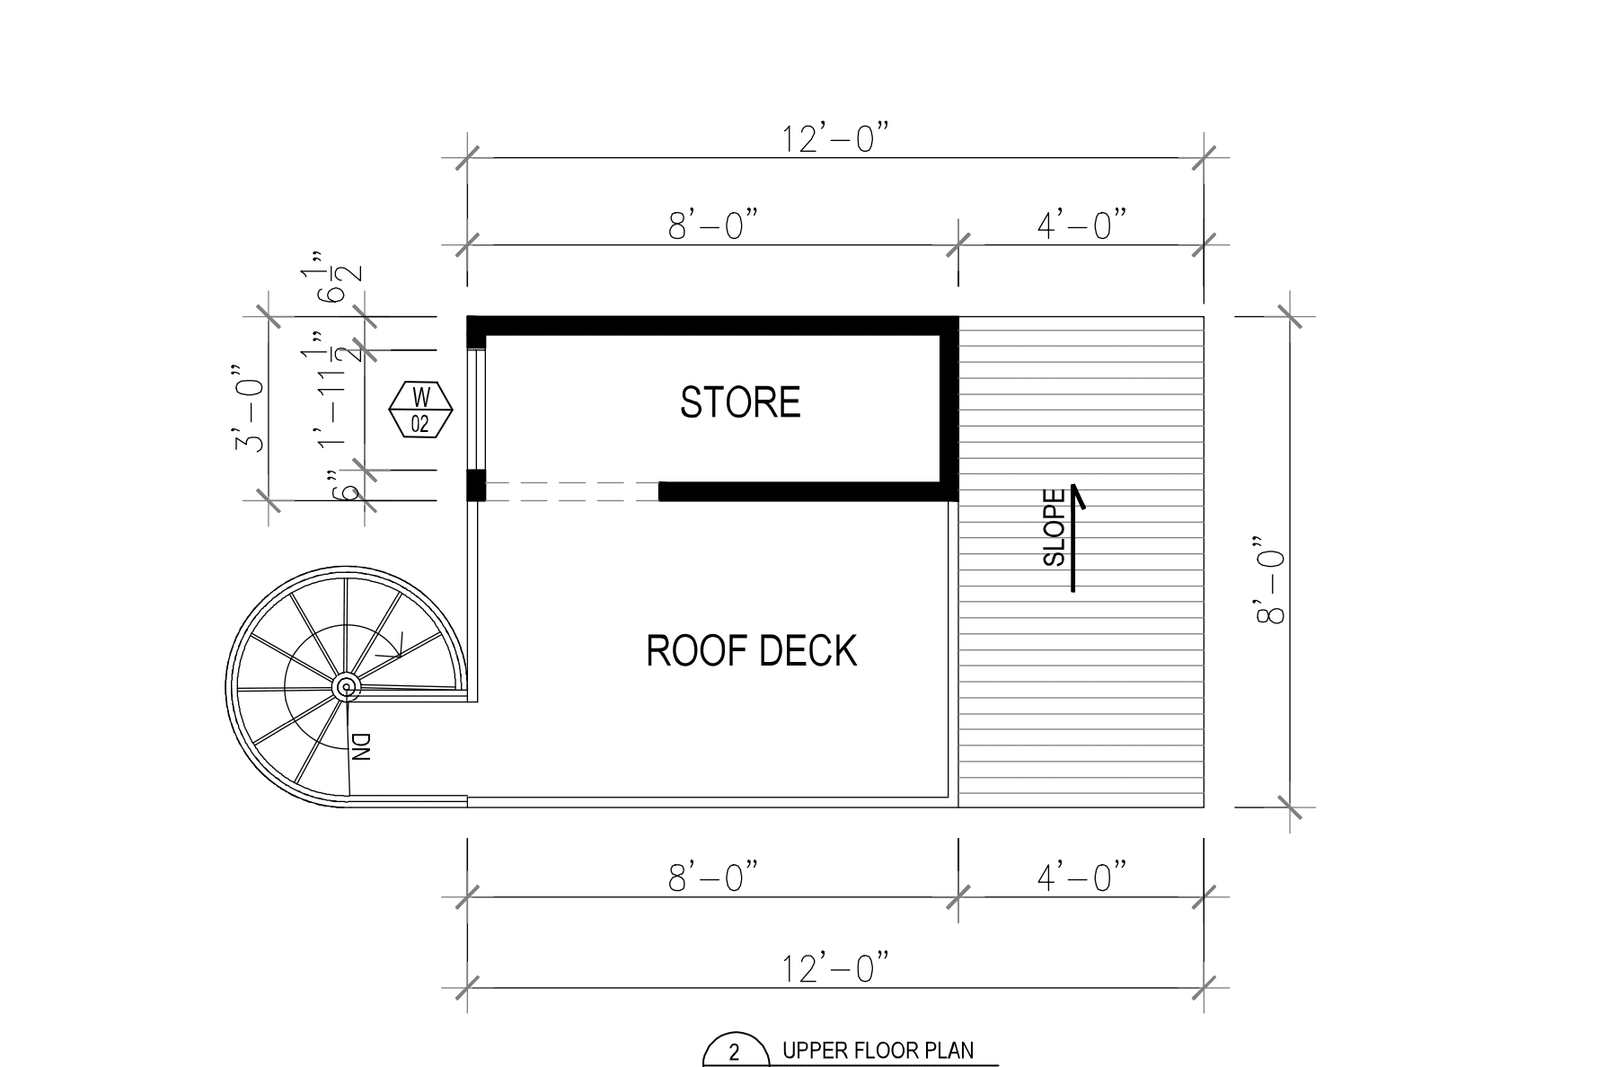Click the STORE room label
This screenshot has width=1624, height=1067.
click(740, 402)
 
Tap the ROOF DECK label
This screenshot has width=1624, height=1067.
click(752, 650)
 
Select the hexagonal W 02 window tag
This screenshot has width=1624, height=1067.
click(420, 410)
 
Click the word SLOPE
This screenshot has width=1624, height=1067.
click(1055, 527)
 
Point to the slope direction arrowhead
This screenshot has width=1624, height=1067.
click(1076, 493)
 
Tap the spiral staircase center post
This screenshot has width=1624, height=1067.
click(346, 687)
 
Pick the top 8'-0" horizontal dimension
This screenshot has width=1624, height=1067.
click(714, 225)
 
